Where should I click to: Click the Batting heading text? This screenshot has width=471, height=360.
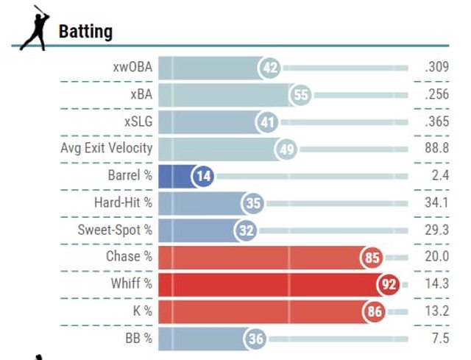[x=85, y=32]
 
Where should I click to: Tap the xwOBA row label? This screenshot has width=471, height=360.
[x=132, y=68]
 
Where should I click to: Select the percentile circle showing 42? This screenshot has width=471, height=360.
[x=270, y=68]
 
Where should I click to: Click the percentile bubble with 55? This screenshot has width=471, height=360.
[x=300, y=95]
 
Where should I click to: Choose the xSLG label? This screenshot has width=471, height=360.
[x=138, y=122]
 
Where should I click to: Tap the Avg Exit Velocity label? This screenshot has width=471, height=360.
[x=107, y=149]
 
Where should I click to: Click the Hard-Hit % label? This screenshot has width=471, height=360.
[x=123, y=202]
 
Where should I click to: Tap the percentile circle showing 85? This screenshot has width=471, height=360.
[x=372, y=257]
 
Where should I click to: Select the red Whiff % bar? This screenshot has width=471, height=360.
[x=272, y=283]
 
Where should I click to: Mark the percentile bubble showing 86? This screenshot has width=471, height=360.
[x=374, y=311]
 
